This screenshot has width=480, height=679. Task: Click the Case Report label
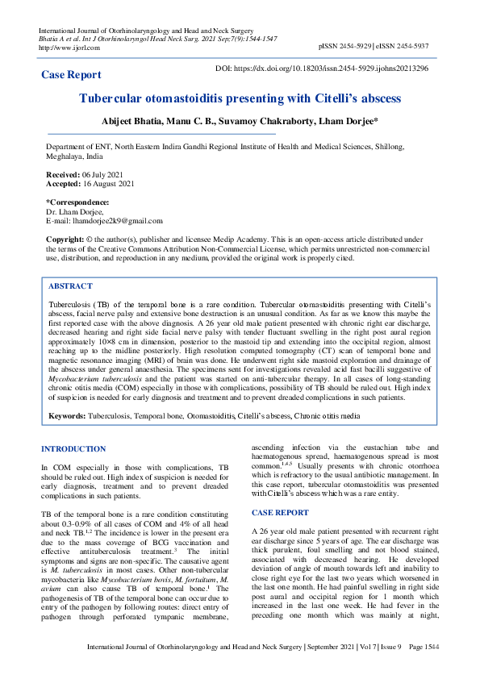[x=72, y=75]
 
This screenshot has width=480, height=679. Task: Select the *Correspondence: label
[x=77, y=202]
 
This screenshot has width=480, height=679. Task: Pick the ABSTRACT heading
[x=70, y=286]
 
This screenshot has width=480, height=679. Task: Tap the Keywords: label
[x=68, y=416]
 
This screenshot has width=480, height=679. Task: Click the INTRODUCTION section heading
[x=73, y=448]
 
